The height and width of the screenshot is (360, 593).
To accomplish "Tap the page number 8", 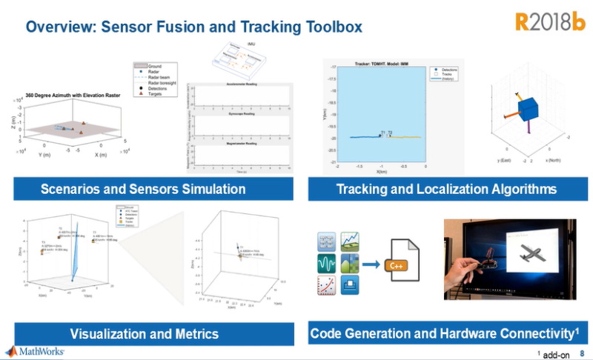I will (x=581, y=354).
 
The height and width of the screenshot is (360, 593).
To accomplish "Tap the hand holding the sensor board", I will (x=474, y=270).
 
